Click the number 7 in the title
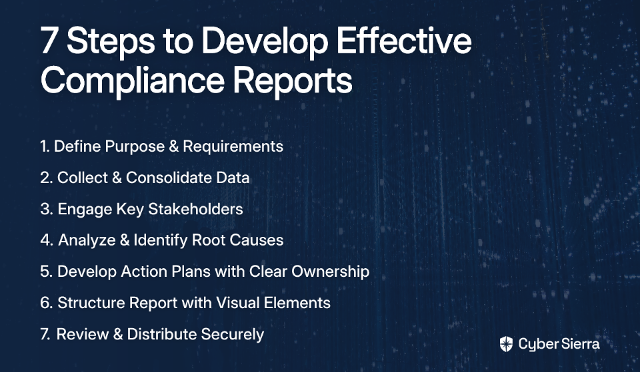(49, 40)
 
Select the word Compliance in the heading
(133, 81)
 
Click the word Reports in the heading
(293, 81)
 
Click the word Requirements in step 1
(233, 146)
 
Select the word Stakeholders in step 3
(195, 209)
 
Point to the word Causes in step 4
(256, 240)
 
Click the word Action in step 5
(144, 272)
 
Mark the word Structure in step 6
(91, 303)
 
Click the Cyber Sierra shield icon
(506, 344)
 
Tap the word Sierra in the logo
(579, 344)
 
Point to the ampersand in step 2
(117, 178)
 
